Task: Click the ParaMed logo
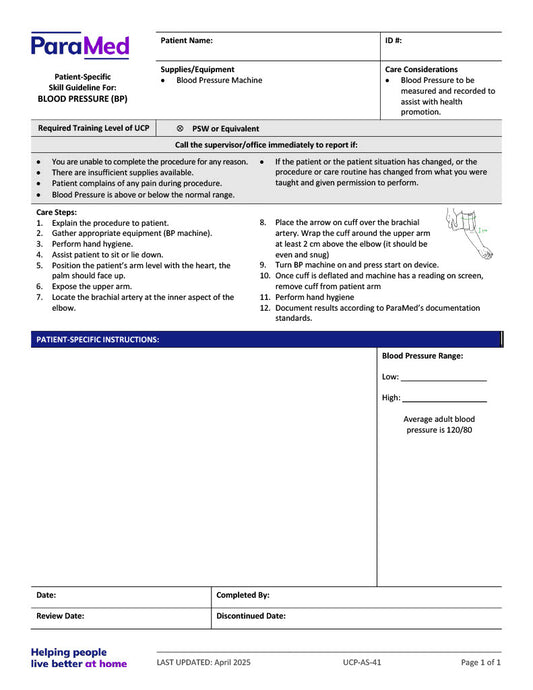point(80,45)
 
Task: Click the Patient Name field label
point(186,41)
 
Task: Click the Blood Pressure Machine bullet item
point(219,80)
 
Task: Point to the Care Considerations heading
point(421,69)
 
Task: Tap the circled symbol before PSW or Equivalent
point(179,129)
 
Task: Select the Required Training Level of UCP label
point(93,129)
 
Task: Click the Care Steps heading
point(57,213)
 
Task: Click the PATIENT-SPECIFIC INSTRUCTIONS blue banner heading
point(98,340)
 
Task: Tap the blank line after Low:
point(443,379)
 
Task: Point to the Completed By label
point(243,595)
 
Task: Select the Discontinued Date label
point(251,616)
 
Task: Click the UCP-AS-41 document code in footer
point(361,662)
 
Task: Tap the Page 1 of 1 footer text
point(480,662)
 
